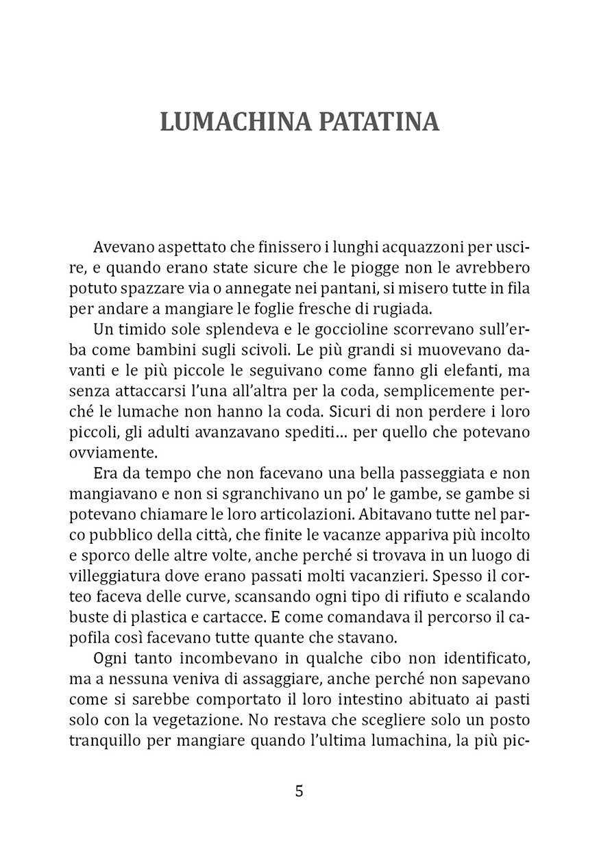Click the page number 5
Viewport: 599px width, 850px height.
point(299,791)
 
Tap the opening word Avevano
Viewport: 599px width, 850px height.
point(121,247)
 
